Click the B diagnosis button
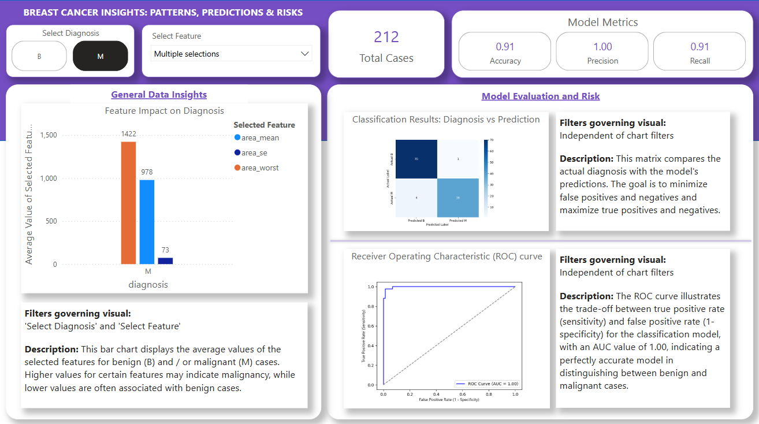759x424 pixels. [x=39, y=56]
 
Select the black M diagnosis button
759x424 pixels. [x=101, y=56]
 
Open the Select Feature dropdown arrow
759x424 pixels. [x=305, y=54]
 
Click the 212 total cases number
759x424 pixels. [x=386, y=38]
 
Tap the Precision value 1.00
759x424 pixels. [x=602, y=47]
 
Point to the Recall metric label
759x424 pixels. [x=700, y=61]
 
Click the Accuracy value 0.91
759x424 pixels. [x=505, y=47]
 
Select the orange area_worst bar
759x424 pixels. [x=128, y=203]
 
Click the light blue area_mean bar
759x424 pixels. [x=147, y=222]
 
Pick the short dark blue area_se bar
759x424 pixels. [x=165, y=261]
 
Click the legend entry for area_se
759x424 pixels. [x=254, y=153]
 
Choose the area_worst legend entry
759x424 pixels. [x=260, y=168]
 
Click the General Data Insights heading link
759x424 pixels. [x=159, y=95]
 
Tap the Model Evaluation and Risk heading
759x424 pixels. [x=541, y=96]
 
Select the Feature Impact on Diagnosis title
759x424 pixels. [x=165, y=111]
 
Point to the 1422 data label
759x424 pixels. [x=128, y=134]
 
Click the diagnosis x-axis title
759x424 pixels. [x=148, y=284]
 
